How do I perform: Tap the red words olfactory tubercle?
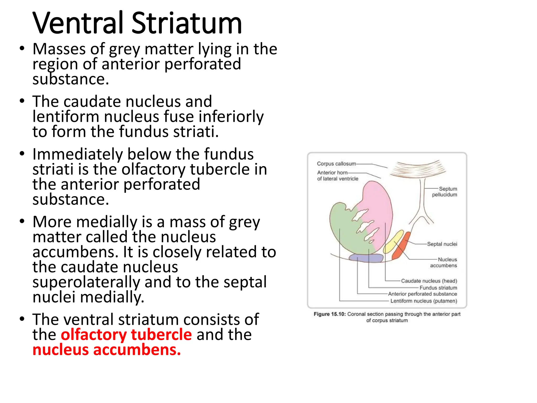point(126,335)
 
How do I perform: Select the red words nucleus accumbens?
point(106,350)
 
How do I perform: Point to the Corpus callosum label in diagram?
point(336,164)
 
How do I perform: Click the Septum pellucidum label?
point(445,192)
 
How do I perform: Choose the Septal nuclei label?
point(442,244)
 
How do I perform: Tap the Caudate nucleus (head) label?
point(429,281)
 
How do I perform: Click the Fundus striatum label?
point(438,288)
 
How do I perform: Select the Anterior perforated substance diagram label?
point(422,294)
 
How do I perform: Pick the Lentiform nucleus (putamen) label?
point(424,301)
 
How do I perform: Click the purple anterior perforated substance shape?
point(366,258)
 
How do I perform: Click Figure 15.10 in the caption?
point(330,314)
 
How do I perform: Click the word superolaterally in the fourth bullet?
point(86,283)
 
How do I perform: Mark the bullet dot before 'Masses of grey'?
point(22,49)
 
